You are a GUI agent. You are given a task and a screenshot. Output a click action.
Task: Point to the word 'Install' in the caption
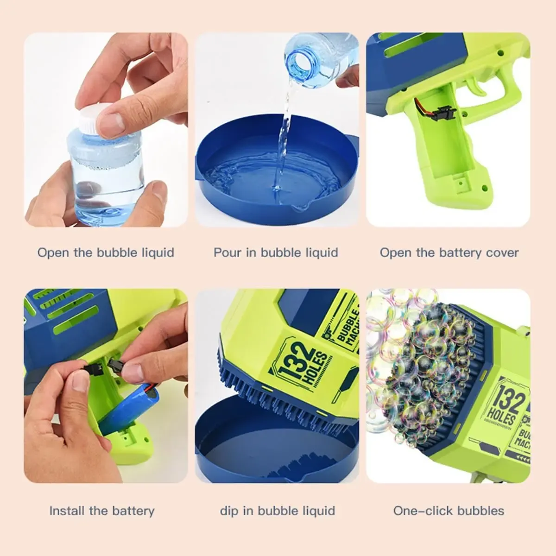[x=67, y=511]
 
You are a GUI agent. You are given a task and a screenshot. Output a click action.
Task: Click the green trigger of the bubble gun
[x=476, y=86]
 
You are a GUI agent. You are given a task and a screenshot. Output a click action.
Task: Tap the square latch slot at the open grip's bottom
[x=461, y=183]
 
